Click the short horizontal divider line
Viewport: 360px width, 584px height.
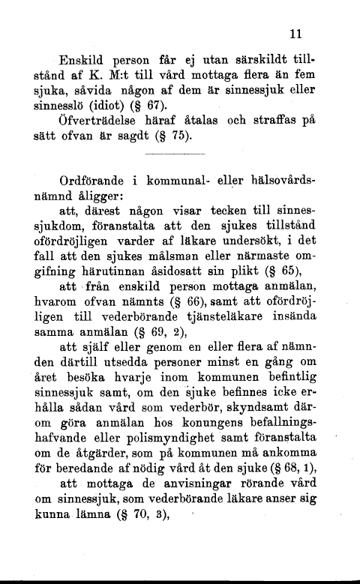coord(174,154)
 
